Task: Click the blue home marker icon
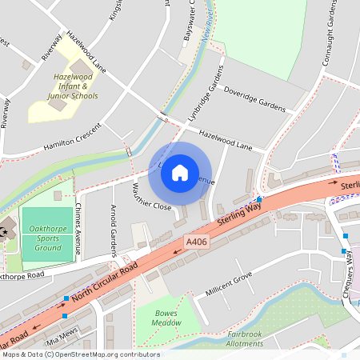coord(180,172)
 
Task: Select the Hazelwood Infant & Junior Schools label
coord(76,86)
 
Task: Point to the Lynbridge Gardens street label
coord(203,101)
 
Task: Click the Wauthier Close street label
coord(152,197)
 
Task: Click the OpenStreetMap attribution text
coord(80,354)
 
